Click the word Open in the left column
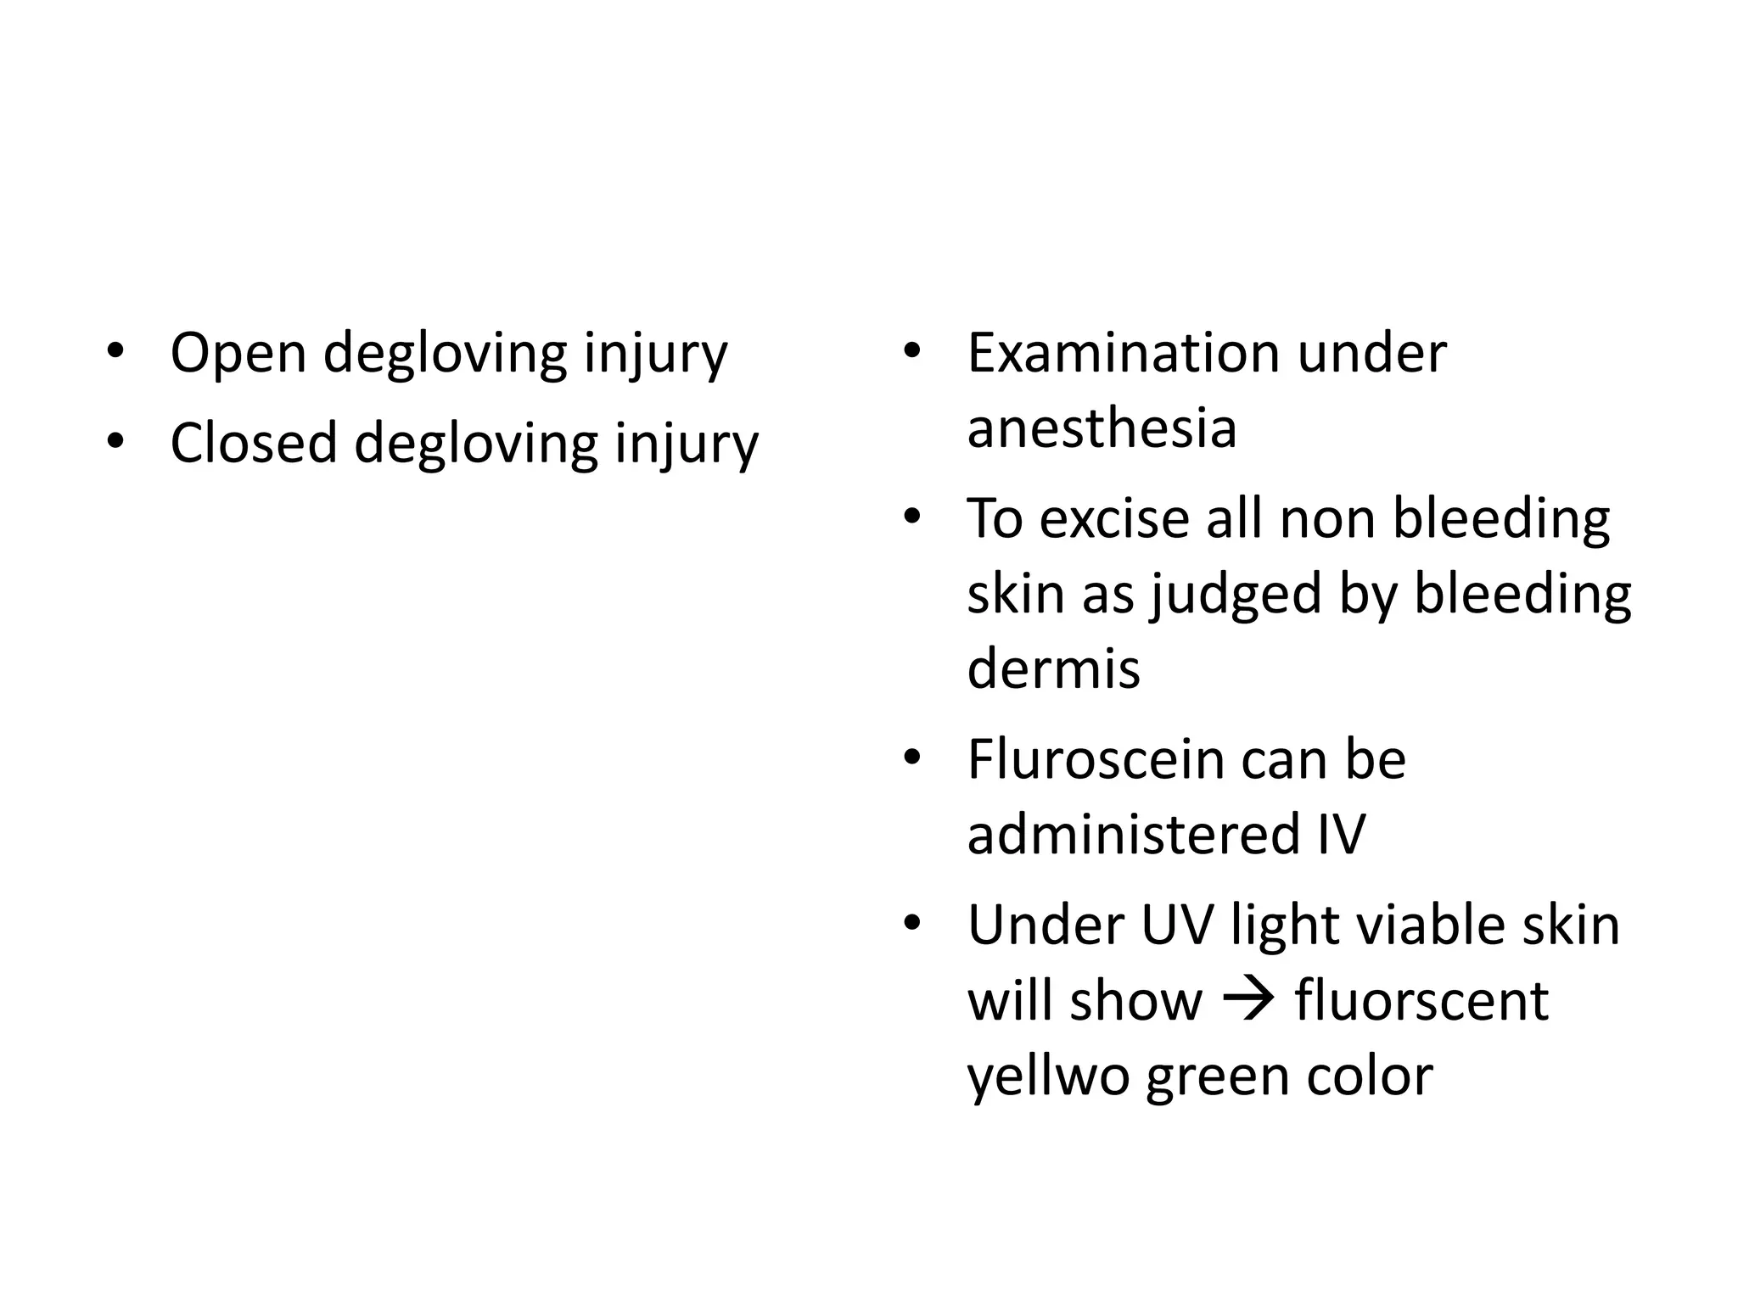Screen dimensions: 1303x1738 [238, 353]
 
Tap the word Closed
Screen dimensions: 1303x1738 [254, 443]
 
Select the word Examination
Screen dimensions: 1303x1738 [1124, 353]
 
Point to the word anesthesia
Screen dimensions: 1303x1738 [1102, 428]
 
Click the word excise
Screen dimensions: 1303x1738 [1113, 518]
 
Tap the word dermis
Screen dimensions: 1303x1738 [1053, 668]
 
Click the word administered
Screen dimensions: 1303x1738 [1133, 834]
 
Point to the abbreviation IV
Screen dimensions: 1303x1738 [1341, 834]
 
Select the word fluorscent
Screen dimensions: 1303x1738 [1421, 1000]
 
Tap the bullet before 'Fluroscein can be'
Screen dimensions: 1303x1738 [912, 758]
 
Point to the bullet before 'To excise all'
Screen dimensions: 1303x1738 [912, 517]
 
